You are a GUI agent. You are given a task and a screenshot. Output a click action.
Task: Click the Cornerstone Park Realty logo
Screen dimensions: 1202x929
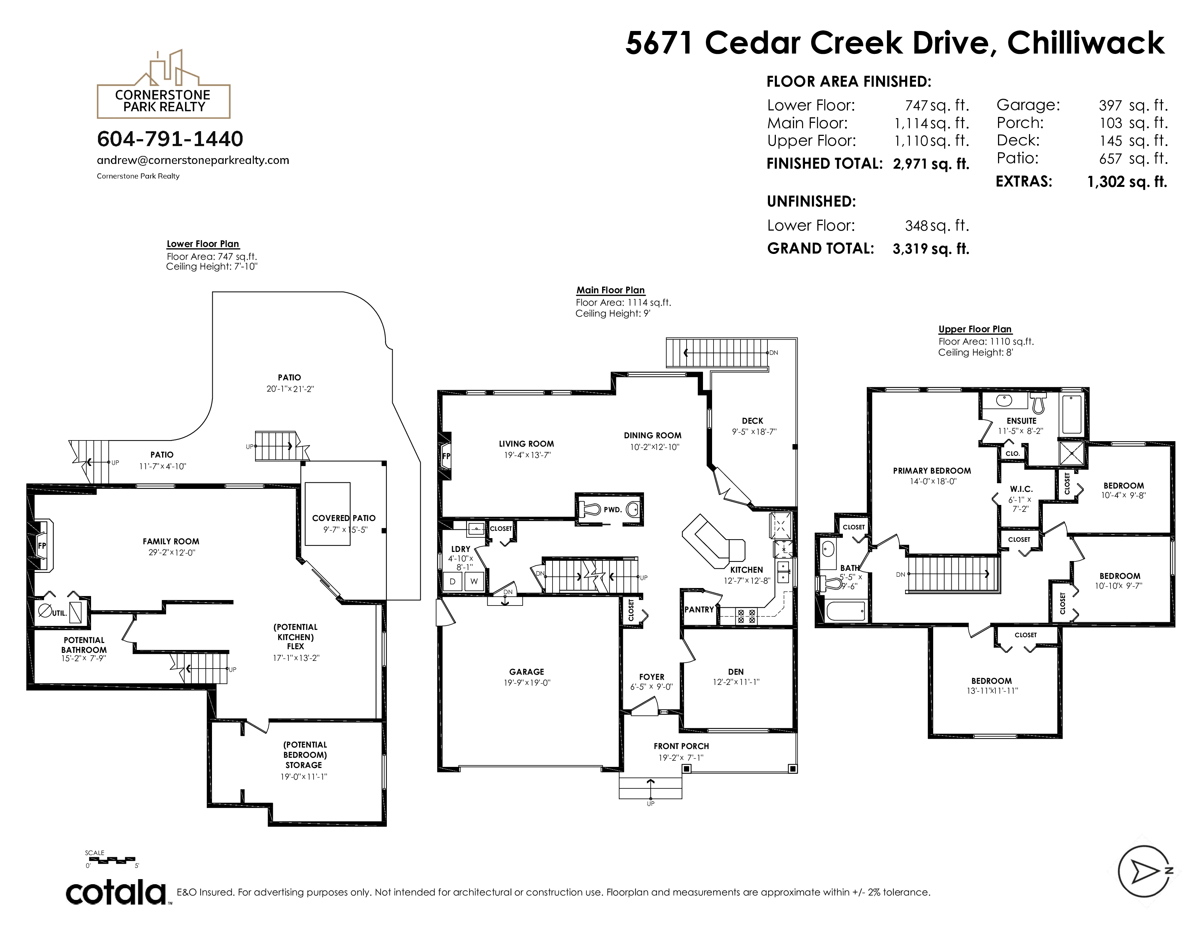164,84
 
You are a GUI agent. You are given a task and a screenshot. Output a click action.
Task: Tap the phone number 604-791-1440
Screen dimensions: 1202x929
170,139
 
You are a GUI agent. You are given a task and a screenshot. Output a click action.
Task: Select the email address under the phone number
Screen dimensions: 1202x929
193,160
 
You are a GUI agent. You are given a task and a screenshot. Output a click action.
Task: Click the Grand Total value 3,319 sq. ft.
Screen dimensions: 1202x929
931,249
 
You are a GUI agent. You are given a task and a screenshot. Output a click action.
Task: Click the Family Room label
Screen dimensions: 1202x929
171,541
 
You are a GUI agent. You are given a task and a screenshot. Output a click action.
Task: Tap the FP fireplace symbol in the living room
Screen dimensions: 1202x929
446,456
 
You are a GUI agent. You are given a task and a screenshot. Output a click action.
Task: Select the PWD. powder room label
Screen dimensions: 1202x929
613,510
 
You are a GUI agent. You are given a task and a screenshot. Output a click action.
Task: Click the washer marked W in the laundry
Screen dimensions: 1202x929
474,581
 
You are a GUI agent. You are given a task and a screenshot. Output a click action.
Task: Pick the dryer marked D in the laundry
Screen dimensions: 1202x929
452,581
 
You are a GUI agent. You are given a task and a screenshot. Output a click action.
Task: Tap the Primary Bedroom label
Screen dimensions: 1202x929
932,471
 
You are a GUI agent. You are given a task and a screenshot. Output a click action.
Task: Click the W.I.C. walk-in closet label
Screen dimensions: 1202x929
1021,489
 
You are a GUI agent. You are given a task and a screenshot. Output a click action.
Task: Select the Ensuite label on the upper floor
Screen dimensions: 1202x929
1021,420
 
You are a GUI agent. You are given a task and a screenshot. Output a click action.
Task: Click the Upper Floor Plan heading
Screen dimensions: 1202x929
975,329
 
